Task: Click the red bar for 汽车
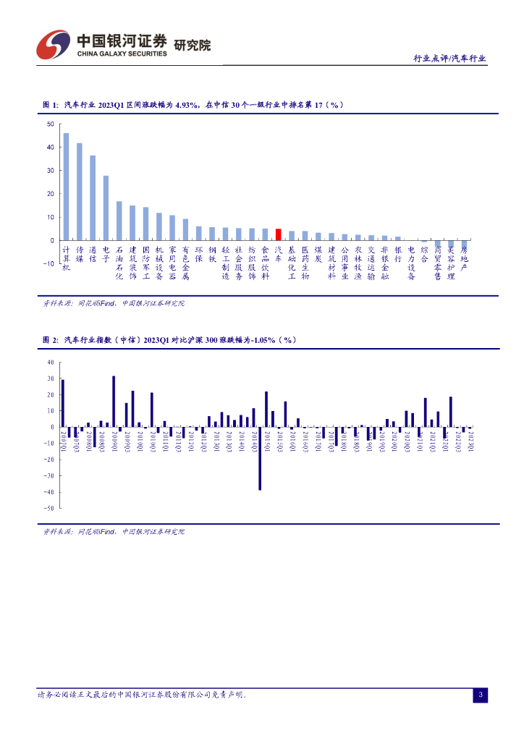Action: (278, 234)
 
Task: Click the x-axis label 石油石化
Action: (119, 262)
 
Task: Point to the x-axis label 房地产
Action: (464, 258)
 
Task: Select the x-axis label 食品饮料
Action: (265, 262)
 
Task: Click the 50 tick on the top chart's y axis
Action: (50, 124)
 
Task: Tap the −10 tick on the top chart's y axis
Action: (48, 263)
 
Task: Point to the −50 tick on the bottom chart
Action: (49, 509)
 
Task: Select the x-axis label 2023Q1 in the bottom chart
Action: (470, 440)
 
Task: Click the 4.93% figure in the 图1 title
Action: (186, 105)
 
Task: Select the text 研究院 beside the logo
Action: (193, 45)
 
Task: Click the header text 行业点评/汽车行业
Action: (449, 59)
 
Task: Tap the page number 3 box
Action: (480, 695)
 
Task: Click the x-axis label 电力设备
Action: (411, 262)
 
